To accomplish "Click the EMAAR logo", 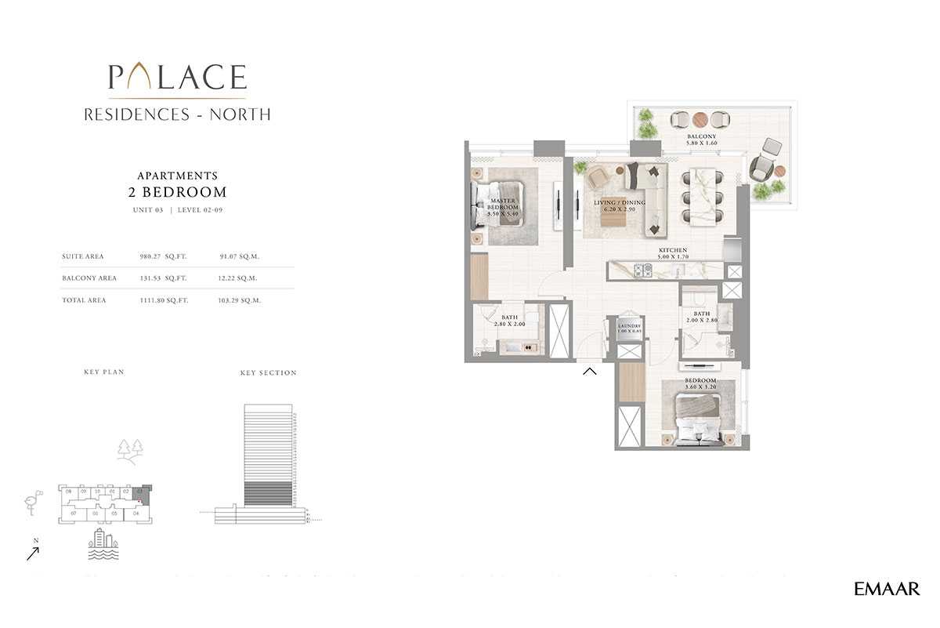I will (887, 590).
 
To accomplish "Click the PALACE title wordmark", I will (177, 77).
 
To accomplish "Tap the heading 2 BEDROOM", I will (177, 192).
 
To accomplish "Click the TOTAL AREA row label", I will (84, 300).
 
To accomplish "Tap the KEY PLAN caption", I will (104, 372).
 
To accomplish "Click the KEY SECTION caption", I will (268, 373).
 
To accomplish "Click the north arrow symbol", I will (32, 552).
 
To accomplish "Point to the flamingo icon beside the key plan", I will (32, 504).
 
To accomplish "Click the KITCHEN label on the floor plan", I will (673, 252).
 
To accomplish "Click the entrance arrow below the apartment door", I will (590, 371).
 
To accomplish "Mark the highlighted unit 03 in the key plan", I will (140, 493).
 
